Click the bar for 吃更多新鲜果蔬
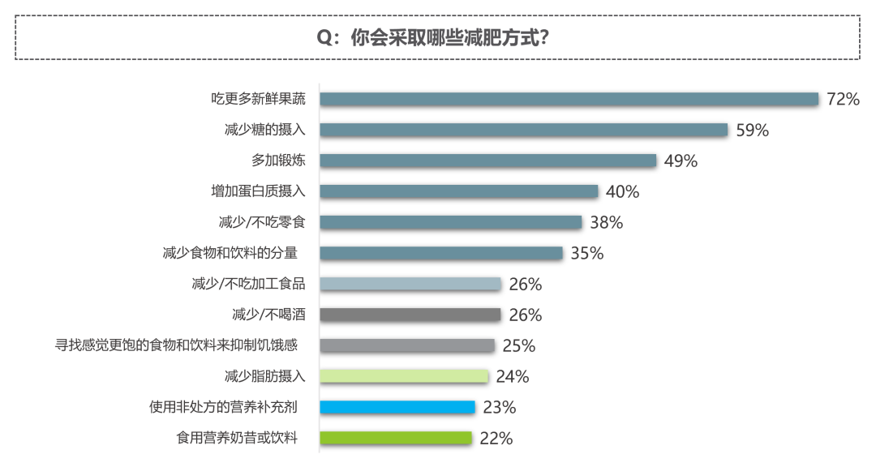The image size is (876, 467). pyautogui.click(x=569, y=99)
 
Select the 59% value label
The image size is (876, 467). pyautogui.click(x=752, y=130)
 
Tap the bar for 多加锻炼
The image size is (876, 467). pyautogui.click(x=487, y=161)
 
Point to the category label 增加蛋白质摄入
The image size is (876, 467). pyautogui.click(x=253, y=191)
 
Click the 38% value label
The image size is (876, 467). pyautogui.click(x=607, y=222)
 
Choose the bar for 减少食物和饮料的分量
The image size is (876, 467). pyautogui.click(x=440, y=253)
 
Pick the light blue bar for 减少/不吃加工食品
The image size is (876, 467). pyautogui.click(x=410, y=284)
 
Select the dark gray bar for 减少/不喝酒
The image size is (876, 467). pyautogui.click(x=410, y=315)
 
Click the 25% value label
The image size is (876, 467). pyautogui.click(x=519, y=345)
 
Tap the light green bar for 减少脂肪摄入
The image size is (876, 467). pyautogui.click(x=404, y=376)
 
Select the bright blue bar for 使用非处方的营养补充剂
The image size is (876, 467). pyautogui.click(x=397, y=407)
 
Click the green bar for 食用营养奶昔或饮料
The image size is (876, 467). pyautogui.click(x=396, y=438)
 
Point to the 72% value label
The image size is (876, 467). pyautogui.click(x=843, y=99)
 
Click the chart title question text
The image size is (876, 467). pyautogui.click(x=437, y=38)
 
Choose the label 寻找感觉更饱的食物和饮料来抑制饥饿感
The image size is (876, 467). pyautogui.click(x=176, y=345)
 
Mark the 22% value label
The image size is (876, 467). pyautogui.click(x=496, y=438)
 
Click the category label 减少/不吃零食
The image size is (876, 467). pyautogui.click(x=258, y=222)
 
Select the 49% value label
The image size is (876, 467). pyautogui.click(x=681, y=161)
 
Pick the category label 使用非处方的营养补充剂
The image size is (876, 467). pyautogui.click(x=224, y=407)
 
